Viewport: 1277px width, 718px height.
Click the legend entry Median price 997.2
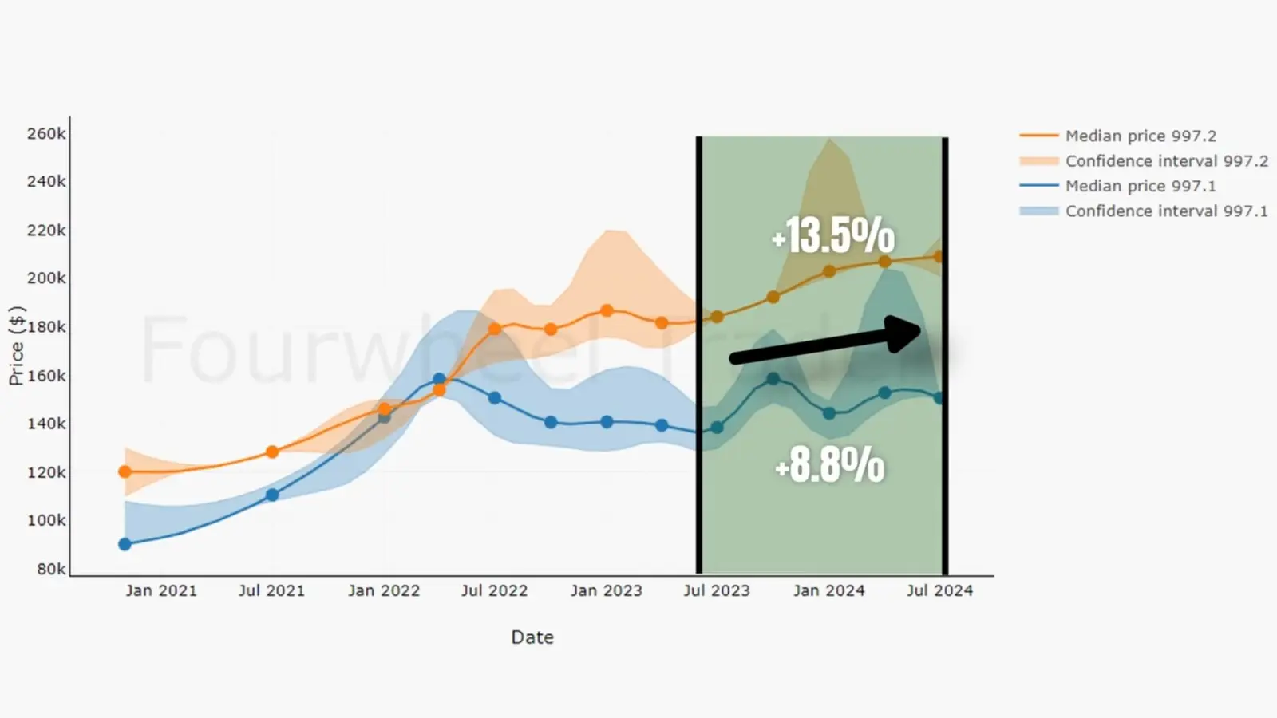(1141, 136)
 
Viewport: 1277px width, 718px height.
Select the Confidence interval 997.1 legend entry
(1166, 211)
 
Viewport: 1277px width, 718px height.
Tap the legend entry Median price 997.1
(1141, 186)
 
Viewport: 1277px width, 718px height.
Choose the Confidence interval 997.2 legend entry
(1166, 161)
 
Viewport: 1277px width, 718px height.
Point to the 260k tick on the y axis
(46, 133)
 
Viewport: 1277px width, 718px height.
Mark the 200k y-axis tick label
(46, 278)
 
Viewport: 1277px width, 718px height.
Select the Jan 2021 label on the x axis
(160, 590)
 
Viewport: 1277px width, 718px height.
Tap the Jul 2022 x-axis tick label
(494, 590)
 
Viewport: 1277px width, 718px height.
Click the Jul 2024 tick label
(939, 590)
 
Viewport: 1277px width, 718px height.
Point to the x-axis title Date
(532, 637)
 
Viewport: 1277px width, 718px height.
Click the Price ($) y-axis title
(17, 345)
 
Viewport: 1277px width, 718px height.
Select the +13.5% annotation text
(833, 235)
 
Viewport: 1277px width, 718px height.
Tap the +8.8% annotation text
(830, 464)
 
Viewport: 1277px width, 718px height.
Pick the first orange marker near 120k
(125, 471)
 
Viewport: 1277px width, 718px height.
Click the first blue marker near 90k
(125, 544)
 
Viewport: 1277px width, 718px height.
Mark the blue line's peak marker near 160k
(439, 379)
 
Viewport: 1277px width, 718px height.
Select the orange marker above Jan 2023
(607, 310)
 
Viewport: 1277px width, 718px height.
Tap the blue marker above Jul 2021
(272, 495)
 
